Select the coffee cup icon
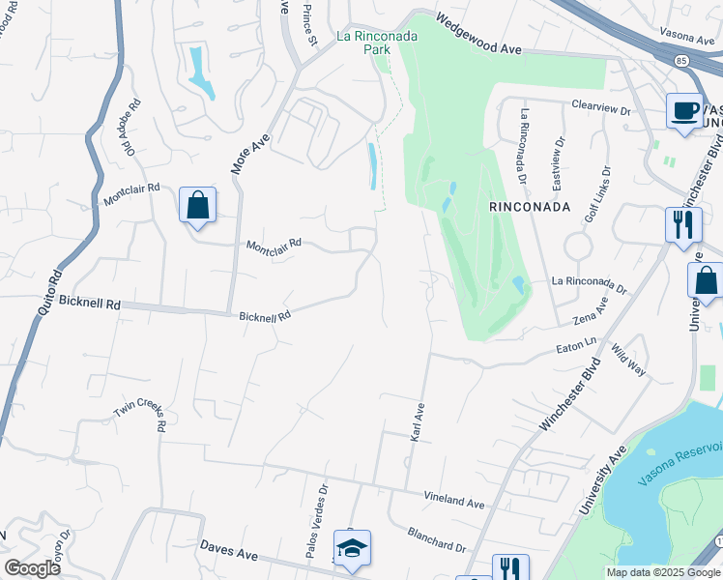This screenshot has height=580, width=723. tap(684, 109)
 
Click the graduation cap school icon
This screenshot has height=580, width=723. tap(352, 547)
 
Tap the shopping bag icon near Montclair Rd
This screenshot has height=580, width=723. tap(197, 205)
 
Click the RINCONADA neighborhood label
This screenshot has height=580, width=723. tap(530, 207)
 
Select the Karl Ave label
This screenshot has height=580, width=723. tap(419, 423)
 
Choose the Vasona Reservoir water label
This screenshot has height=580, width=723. tap(681, 463)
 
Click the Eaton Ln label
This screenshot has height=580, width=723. tap(577, 345)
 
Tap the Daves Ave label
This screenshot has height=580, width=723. tap(228, 550)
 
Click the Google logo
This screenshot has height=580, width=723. tap(31, 567)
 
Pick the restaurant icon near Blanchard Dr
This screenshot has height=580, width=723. tap(510, 567)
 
